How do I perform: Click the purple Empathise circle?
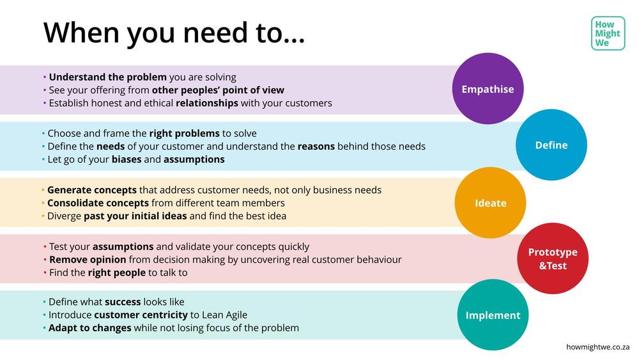pyautogui.click(x=488, y=88)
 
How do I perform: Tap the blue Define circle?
pyautogui.click(x=551, y=145)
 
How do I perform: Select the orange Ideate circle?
pyautogui.click(x=490, y=203)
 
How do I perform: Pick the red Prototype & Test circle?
pyautogui.click(x=553, y=258)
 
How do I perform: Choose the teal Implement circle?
pyautogui.click(x=493, y=315)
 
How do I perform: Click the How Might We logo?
pyautogui.click(x=608, y=33)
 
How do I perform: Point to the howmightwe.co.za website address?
pyautogui.click(x=598, y=347)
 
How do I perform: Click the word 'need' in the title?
pyautogui.click(x=215, y=33)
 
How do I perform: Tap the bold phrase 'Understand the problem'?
pyautogui.click(x=107, y=77)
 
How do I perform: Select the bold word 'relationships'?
pyautogui.click(x=207, y=103)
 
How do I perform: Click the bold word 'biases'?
pyautogui.click(x=127, y=159)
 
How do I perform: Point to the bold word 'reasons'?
pyautogui.click(x=316, y=146)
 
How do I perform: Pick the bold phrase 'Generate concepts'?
pyautogui.click(x=91, y=190)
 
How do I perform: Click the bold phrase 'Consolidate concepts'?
pyautogui.click(x=98, y=203)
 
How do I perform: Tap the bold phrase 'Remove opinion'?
pyautogui.click(x=88, y=260)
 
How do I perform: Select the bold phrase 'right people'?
pyautogui.click(x=116, y=273)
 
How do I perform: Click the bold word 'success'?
pyautogui.click(x=123, y=302)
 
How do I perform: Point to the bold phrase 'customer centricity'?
pyautogui.click(x=141, y=315)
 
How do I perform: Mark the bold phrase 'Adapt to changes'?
pyautogui.click(x=89, y=328)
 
